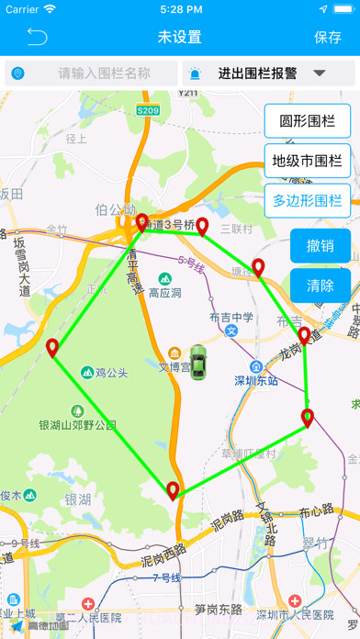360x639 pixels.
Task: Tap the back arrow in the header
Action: coord(37,37)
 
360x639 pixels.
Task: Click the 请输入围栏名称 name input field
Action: coord(103,73)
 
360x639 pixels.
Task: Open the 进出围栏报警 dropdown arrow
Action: coord(321,73)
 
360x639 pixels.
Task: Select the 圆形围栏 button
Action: coord(307,121)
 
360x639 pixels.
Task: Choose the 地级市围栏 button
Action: coord(307,161)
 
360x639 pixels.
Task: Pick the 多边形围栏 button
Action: coord(307,200)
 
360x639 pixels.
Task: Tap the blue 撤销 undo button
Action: coord(321,245)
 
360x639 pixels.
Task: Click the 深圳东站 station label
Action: coord(255,381)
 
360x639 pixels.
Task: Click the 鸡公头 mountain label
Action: coord(111,373)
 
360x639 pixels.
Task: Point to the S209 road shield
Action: coord(148,110)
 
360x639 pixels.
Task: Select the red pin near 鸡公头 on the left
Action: coord(52,348)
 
